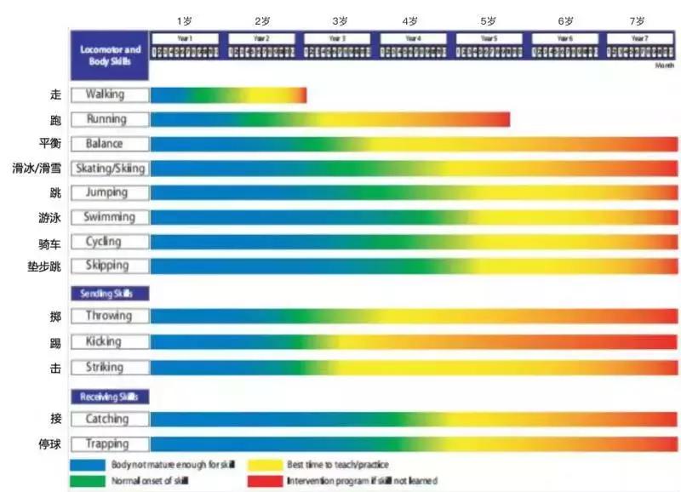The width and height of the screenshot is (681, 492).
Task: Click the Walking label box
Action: point(110,94)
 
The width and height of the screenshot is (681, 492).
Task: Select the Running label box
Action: point(110,119)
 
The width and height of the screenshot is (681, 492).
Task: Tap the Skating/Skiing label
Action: point(110,169)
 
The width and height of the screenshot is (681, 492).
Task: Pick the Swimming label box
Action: point(110,217)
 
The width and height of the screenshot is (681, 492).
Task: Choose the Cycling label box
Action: point(110,242)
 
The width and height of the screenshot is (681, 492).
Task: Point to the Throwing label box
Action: point(110,316)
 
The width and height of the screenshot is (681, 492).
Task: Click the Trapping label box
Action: point(110,443)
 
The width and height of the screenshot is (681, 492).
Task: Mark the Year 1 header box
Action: point(185,38)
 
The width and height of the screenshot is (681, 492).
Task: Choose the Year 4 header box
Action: point(413,38)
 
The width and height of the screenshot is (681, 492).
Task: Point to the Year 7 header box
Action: point(640,38)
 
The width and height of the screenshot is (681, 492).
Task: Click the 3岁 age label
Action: point(340,20)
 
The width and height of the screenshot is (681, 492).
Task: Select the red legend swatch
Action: point(265,481)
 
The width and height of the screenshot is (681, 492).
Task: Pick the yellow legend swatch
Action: point(265,465)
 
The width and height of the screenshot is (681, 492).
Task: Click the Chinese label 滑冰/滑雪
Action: point(37,169)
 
